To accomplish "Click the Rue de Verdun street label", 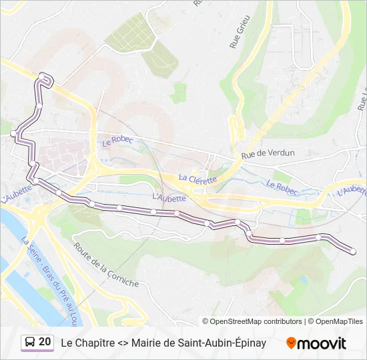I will pos(268,153).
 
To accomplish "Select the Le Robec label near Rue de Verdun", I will pos(117,141).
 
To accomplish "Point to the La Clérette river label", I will pos(198,179).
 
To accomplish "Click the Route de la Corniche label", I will pos(107,266).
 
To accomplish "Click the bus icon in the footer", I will pos(30,343).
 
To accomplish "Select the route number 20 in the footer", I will pos(45,342).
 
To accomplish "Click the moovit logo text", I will pos(322,343).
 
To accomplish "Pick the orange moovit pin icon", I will pos(291,343).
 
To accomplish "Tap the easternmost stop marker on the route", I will pos(353,251).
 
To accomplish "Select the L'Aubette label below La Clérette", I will pos(169,197).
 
